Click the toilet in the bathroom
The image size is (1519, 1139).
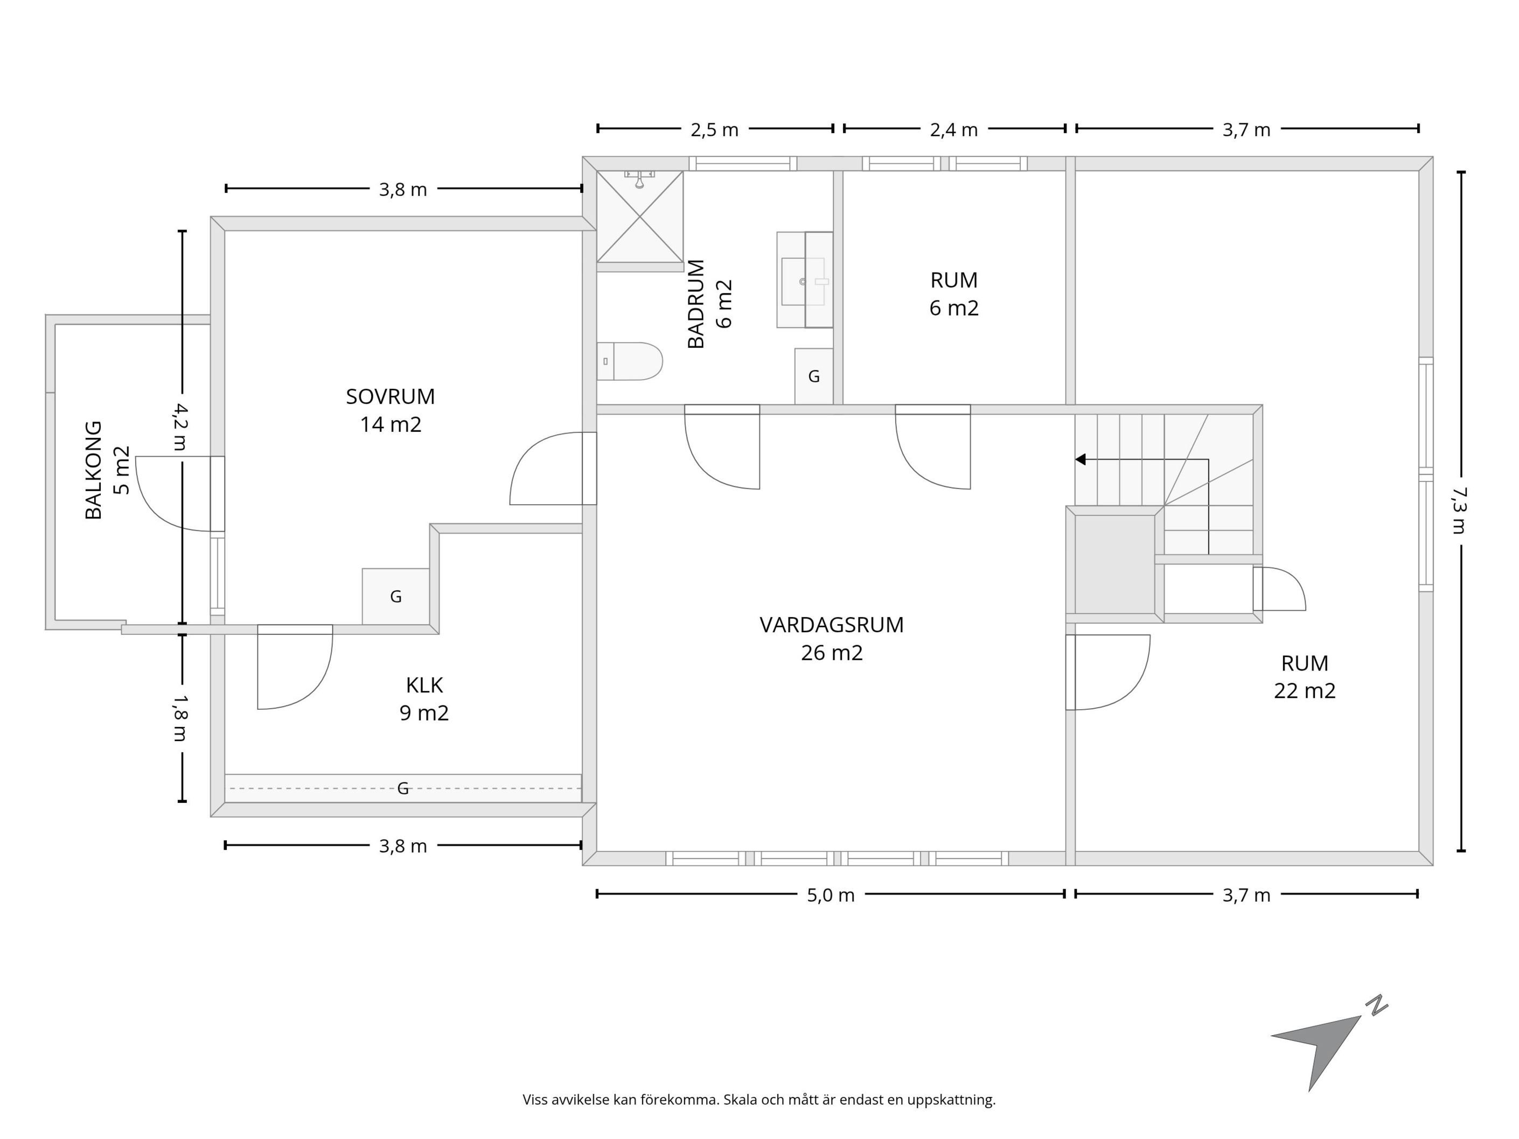[x=629, y=361]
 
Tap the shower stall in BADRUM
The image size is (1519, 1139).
[x=640, y=217]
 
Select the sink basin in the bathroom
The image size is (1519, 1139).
[x=804, y=281]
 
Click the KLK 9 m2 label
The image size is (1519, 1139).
[x=424, y=699]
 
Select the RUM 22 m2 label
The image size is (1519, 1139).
[x=1305, y=677]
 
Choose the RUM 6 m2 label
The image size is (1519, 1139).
[x=954, y=294]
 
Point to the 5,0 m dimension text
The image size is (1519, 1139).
[x=831, y=895]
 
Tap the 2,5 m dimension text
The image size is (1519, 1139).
[x=714, y=130]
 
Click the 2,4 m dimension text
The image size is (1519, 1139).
[x=954, y=130]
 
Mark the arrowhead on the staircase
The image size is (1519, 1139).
[x=1080, y=459]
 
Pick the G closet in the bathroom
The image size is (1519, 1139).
[x=814, y=376]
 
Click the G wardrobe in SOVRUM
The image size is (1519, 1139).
[x=395, y=597]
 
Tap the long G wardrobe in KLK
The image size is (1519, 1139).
[x=403, y=788]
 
